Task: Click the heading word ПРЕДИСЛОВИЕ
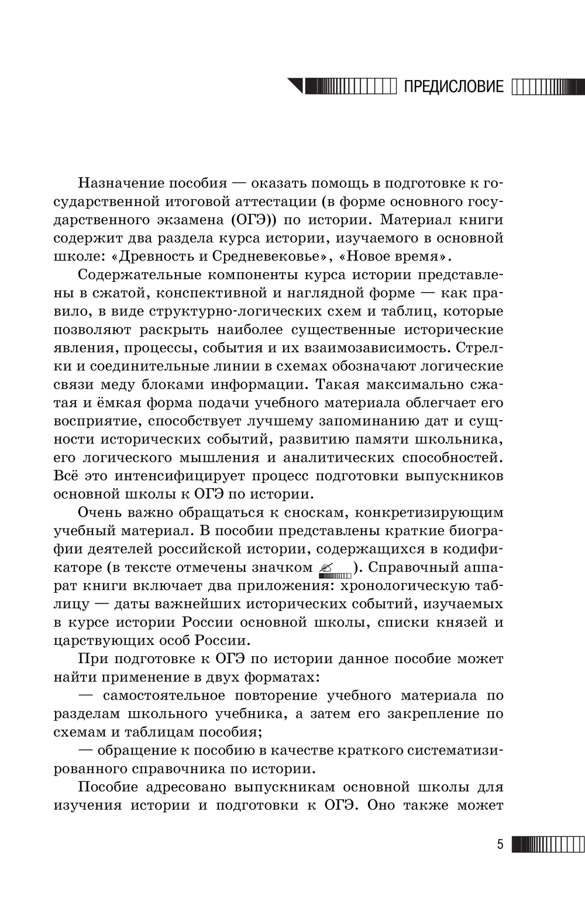(x=453, y=87)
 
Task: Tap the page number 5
(x=500, y=845)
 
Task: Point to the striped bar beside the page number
(x=548, y=845)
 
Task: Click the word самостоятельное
(x=164, y=695)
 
